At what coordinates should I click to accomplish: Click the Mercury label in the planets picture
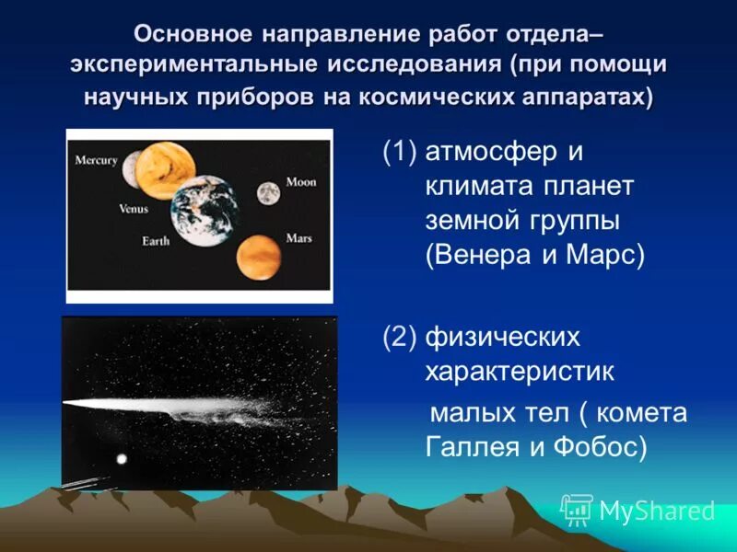pos(96,160)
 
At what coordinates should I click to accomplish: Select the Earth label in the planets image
pos(155,241)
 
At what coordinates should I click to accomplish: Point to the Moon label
pos(300,182)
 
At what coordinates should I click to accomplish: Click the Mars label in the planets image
pos(298,238)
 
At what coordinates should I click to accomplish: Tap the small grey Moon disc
pos(268,192)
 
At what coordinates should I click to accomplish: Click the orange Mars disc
pos(259,257)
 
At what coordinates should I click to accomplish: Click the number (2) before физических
pos(399,338)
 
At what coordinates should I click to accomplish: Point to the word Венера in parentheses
pos(480,255)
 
